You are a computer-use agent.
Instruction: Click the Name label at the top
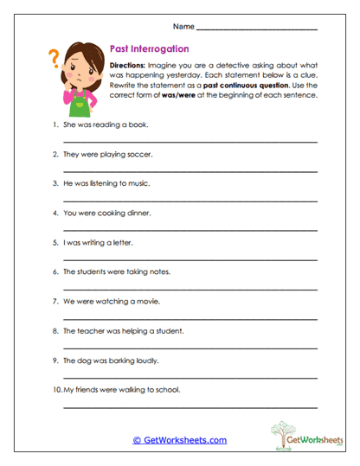[182, 27]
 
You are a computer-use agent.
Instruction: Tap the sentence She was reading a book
[106, 124]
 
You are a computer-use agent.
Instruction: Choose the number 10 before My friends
[56, 389]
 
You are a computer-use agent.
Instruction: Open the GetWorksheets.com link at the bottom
[179, 440]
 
